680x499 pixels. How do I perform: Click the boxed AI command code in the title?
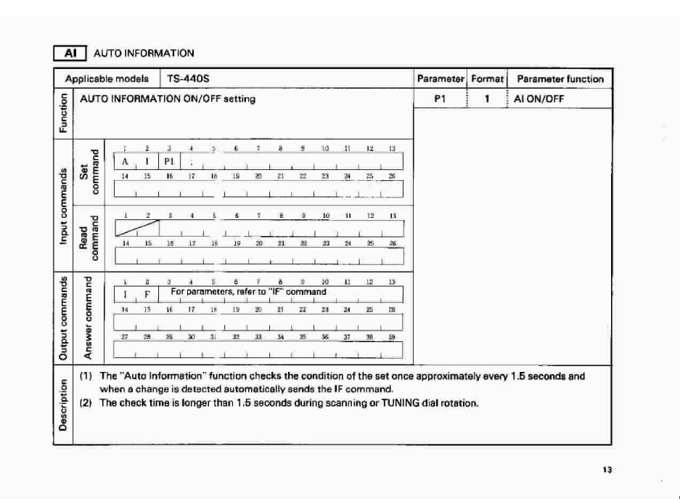pos(71,53)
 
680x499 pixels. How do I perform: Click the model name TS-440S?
pos(184,78)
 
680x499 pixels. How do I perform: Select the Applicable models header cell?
pos(107,78)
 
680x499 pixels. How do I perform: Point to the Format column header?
pos(487,78)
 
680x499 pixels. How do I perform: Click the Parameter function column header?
pos(560,78)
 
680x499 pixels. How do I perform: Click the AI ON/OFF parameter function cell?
pos(540,99)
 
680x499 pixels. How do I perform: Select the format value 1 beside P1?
pos(488,99)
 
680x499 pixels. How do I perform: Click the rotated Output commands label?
pos(63,317)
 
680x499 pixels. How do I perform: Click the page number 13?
pos(607,470)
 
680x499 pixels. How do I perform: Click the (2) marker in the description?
pos(83,403)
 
